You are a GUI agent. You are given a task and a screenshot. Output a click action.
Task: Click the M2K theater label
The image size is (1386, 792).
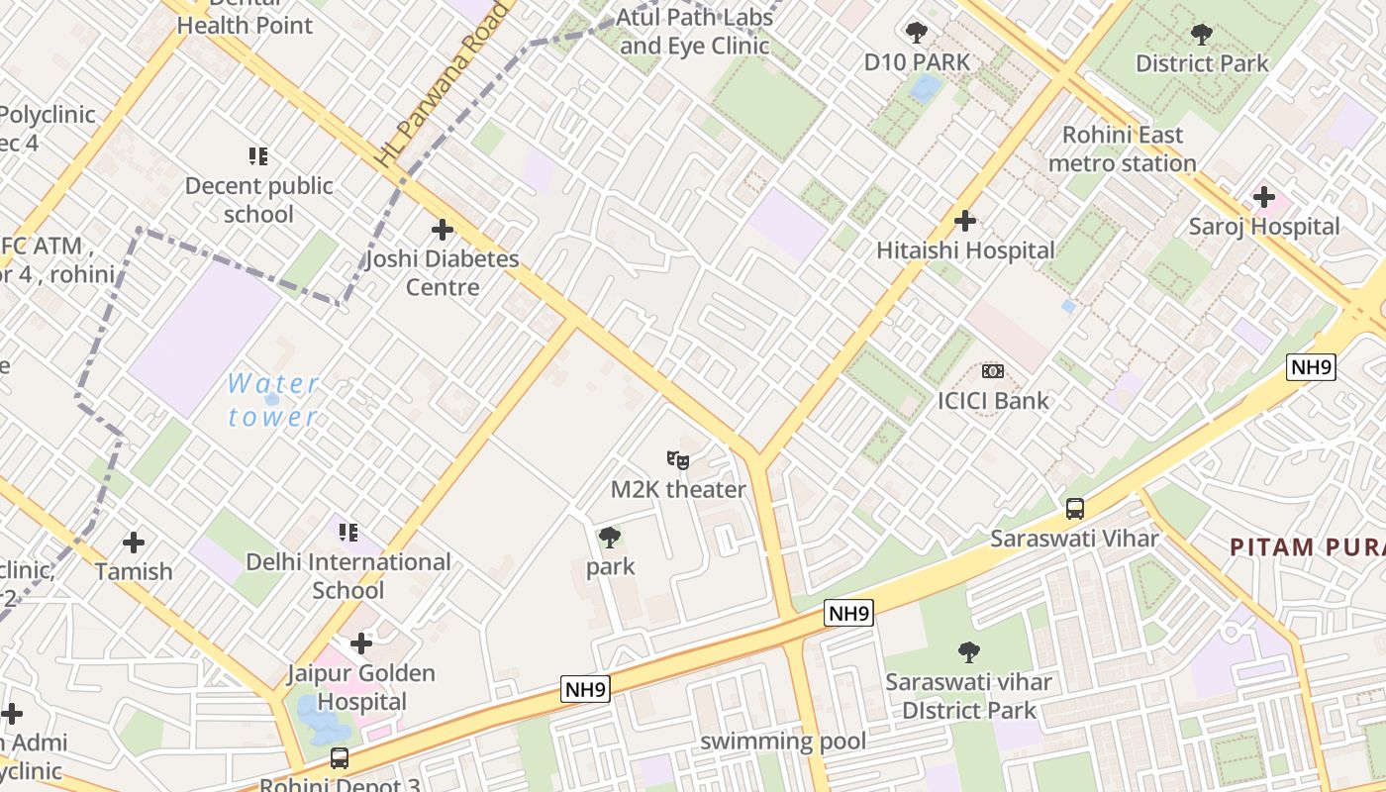tap(678, 490)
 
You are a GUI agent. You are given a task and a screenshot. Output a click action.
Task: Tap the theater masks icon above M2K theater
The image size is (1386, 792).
tap(678, 459)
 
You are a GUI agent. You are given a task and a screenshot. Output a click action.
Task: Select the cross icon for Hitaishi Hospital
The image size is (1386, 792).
tap(965, 221)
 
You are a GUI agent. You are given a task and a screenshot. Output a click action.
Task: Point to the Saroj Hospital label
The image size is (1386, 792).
tap(1263, 227)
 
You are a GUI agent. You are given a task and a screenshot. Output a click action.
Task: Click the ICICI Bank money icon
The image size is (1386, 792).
tap(993, 371)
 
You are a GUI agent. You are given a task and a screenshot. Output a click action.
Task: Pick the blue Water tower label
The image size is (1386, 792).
tap(273, 400)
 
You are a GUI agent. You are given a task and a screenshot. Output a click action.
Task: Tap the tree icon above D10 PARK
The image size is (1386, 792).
tap(917, 33)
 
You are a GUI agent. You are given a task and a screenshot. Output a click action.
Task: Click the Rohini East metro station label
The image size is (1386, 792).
tap(1122, 148)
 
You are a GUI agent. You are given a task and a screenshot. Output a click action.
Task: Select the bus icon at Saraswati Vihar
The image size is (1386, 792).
tap(1074, 509)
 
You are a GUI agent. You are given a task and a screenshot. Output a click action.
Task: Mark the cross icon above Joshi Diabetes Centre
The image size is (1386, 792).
tap(443, 230)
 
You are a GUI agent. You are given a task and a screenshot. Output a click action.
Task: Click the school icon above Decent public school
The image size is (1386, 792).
tap(258, 155)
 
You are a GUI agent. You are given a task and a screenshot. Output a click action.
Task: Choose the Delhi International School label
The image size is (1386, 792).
tap(348, 576)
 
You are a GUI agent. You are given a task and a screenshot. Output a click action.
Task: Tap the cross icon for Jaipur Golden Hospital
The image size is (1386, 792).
tap(361, 643)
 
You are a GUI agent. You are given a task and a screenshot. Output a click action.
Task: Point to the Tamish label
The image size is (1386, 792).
tap(134, 572)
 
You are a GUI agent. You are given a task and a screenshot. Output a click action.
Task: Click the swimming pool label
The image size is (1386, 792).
tap(783, 742)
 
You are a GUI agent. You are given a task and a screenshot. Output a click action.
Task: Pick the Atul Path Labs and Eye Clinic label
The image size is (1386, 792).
tap(693, 32)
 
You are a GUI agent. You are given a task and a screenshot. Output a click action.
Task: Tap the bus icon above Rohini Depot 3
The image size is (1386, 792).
tap(340, 758)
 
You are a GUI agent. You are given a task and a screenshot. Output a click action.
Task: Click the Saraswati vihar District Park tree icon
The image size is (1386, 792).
tap(969, 652)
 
